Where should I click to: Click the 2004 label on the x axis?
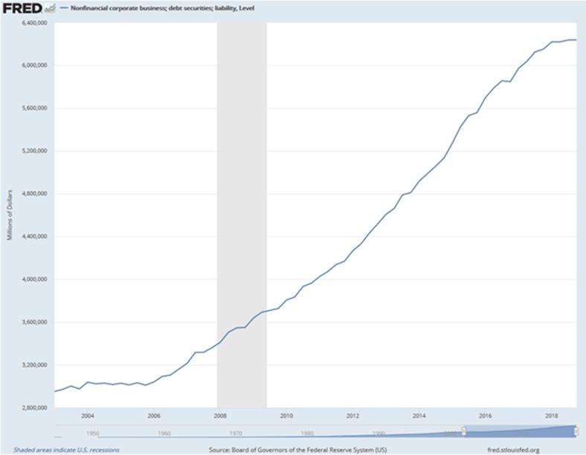(88, 416)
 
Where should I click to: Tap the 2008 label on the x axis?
(220, 416)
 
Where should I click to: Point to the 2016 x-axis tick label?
(486, 416)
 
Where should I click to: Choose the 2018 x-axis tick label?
(552, 416)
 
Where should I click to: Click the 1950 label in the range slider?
(92, 433)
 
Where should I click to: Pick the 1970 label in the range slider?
(236, 433)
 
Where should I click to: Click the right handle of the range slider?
(576, 431)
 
